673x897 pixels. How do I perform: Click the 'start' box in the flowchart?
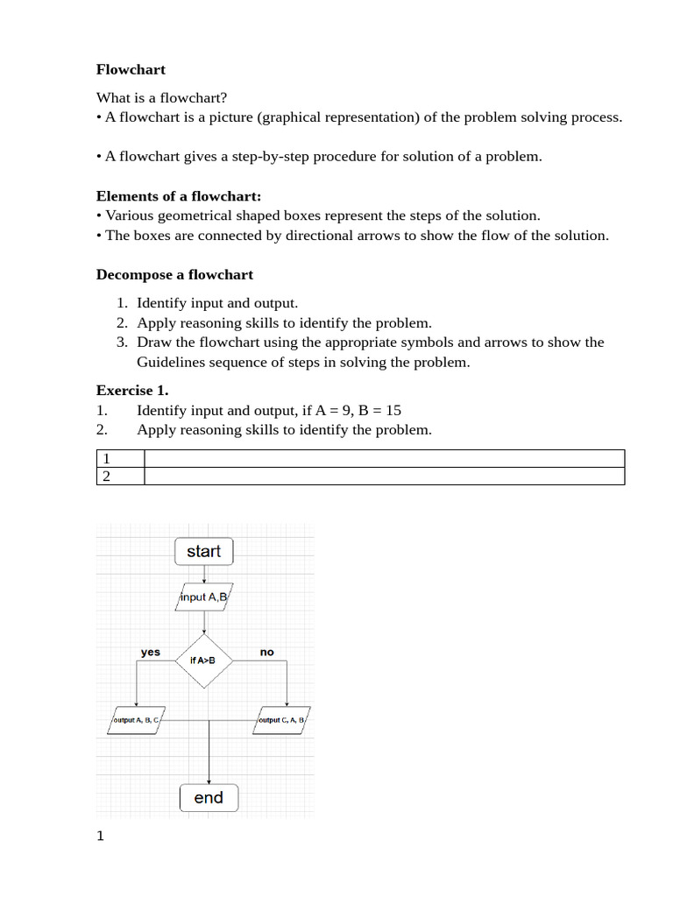204,551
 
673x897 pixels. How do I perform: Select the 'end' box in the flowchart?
209,797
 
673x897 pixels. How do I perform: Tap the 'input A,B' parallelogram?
204,597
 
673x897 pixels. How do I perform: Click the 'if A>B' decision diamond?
203,660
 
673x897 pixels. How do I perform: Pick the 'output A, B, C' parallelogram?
137,720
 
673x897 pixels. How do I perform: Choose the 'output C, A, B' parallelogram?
282,720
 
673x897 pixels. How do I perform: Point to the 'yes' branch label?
151,652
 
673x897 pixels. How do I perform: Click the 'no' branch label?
267,652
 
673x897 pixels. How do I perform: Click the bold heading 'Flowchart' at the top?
131,69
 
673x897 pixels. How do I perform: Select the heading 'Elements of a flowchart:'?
179,196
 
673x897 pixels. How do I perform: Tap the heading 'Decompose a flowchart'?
174,274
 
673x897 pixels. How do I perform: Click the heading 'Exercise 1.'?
131,390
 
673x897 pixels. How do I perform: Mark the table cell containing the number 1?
119,458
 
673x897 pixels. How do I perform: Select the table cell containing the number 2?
119,476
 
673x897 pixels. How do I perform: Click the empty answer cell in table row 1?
384,458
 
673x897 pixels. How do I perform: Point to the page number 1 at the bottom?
100,836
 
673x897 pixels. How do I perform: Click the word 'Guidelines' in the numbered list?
169,362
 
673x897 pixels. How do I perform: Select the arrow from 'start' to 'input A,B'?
204,573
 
